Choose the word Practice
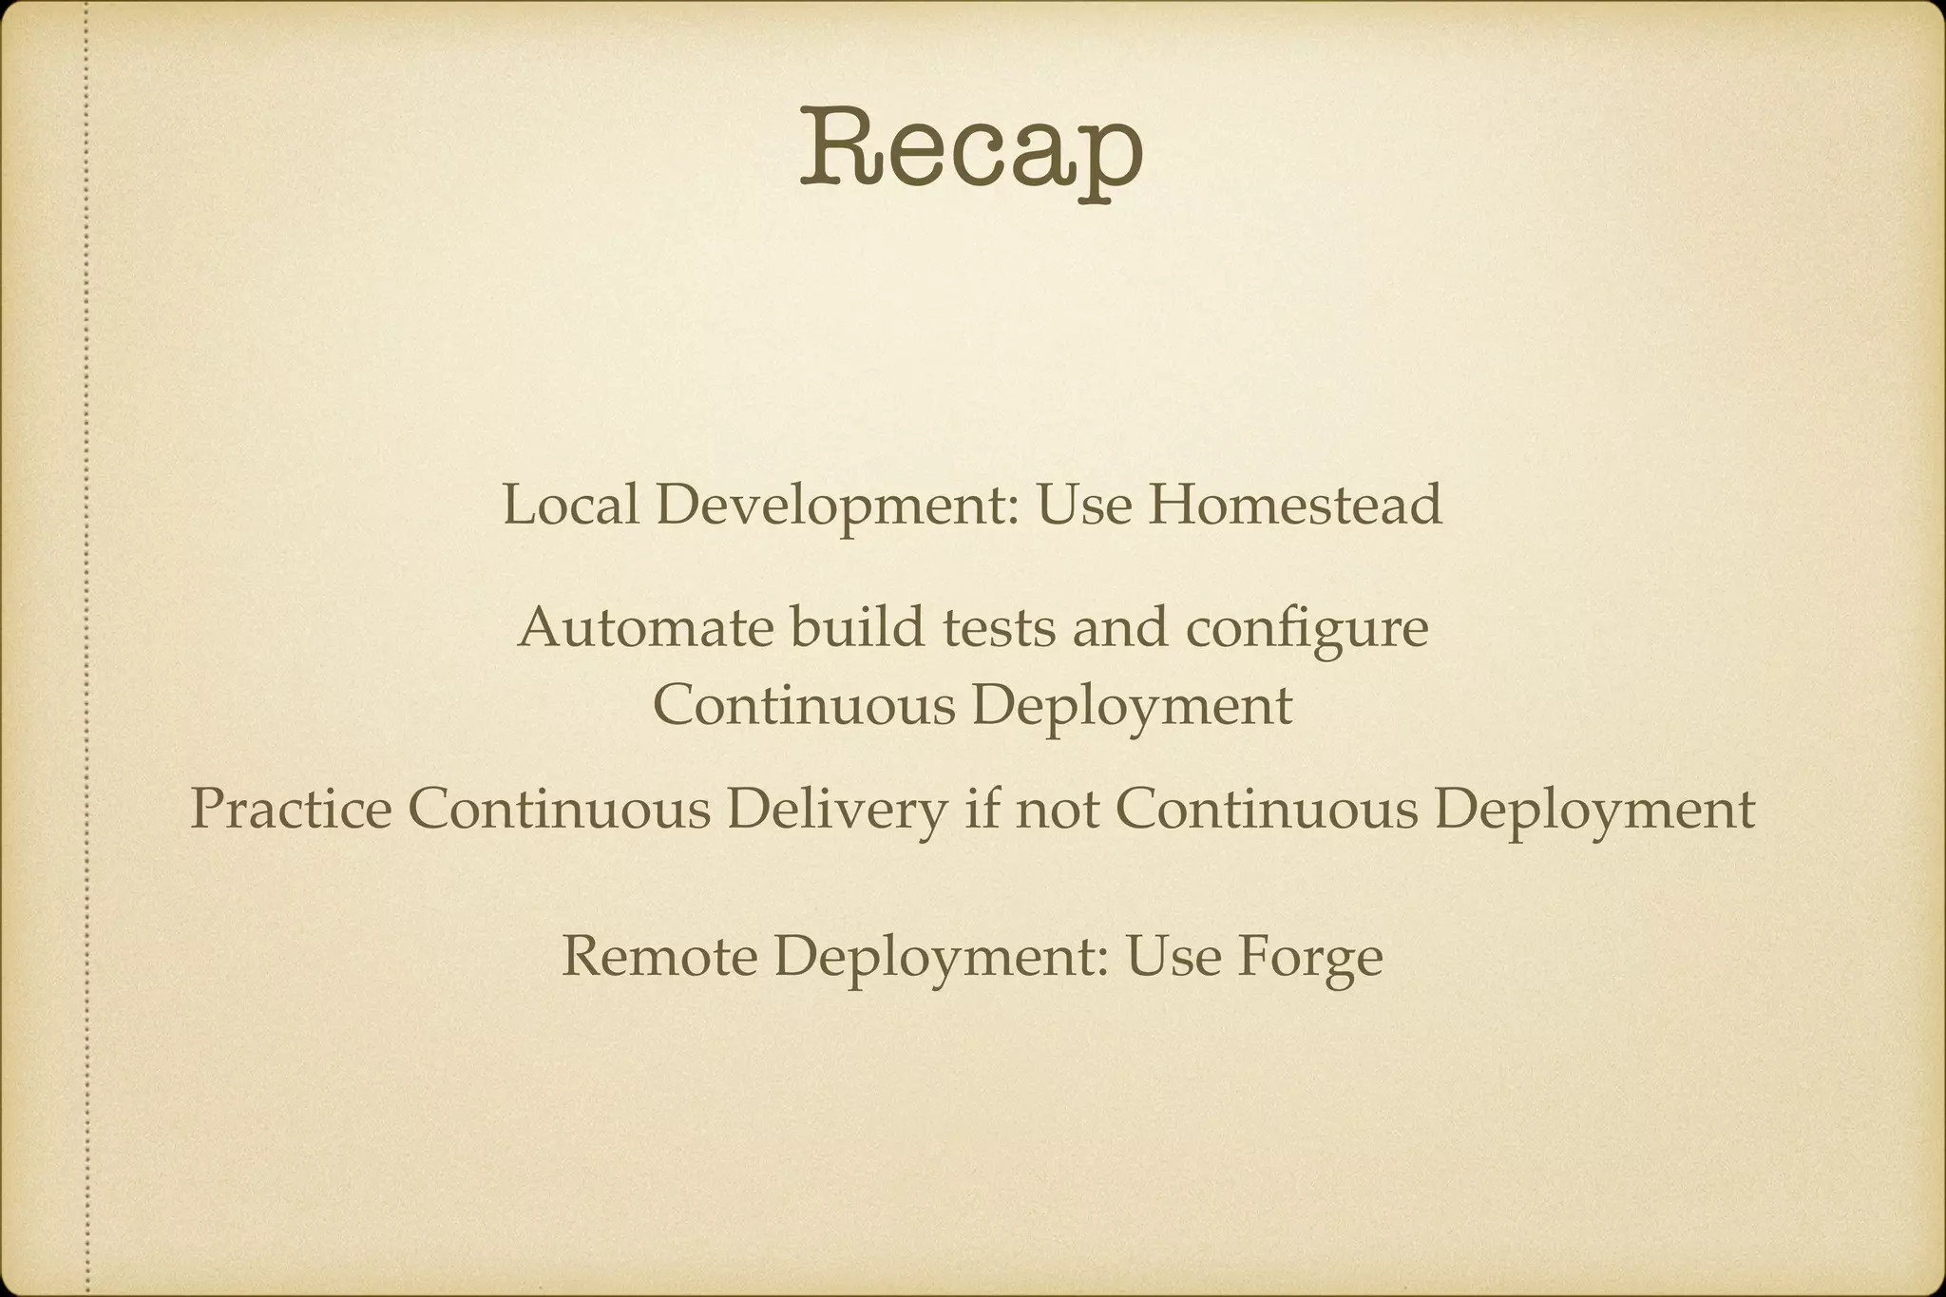tap(291, 810)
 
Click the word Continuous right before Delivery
tap(560, 810)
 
